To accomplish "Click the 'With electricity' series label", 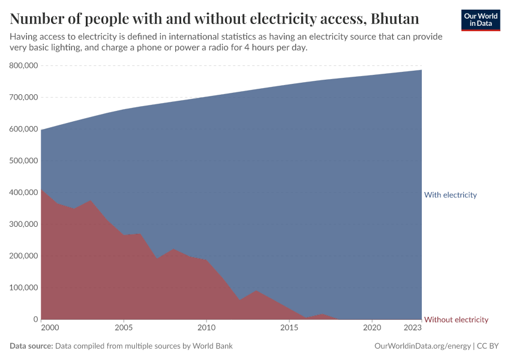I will [450, 195].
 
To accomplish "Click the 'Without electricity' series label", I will [456, 320].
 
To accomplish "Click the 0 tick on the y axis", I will [35, 320].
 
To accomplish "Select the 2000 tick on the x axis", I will [50, 328].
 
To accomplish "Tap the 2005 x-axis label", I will [124, 328].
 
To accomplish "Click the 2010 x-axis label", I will [206, 328].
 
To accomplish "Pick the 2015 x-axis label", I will [289, 328].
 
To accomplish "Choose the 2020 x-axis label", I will [372, 328].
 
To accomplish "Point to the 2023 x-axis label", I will [413, 328].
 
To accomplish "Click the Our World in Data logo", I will [480, 20].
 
